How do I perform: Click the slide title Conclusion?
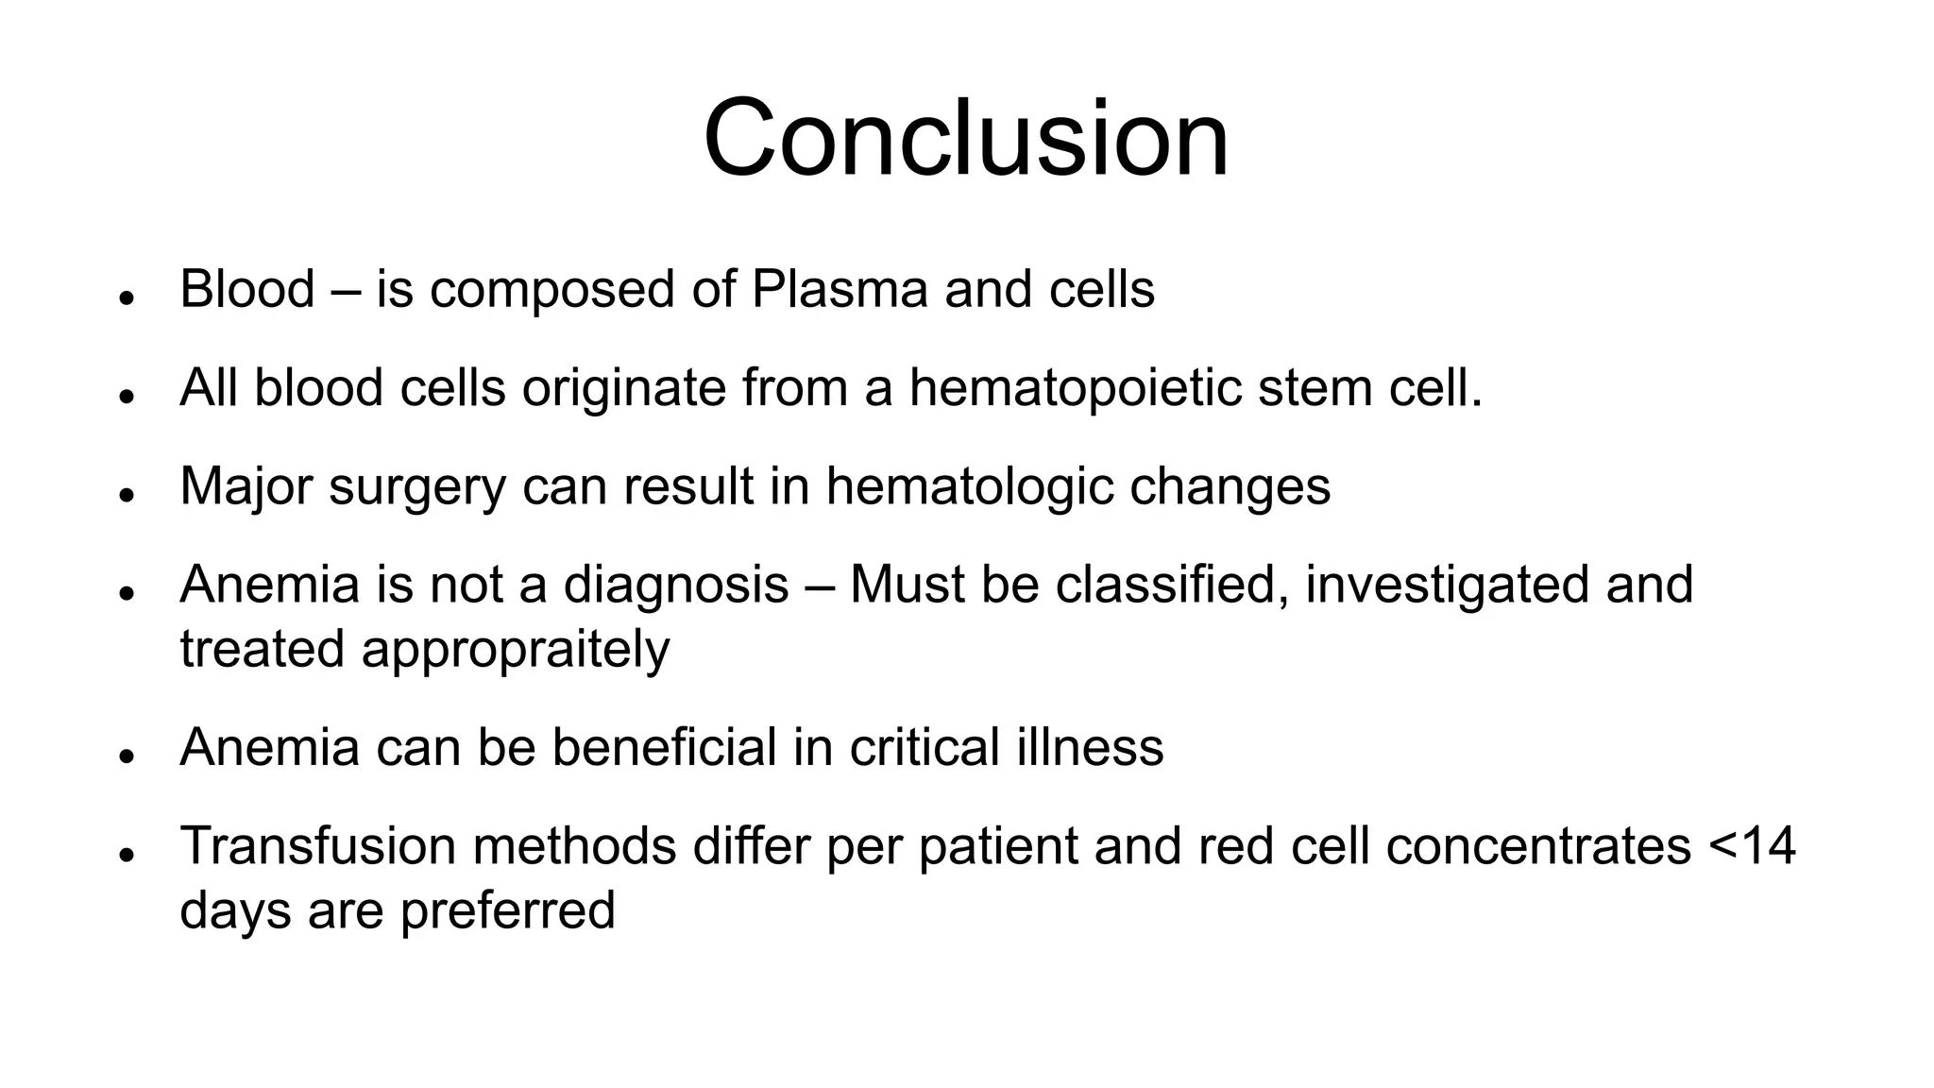coord(966,138)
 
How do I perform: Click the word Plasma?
coord(840,289)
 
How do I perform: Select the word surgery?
coord(417,487)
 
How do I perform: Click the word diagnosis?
coord(675,585)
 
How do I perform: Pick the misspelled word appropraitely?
coord(516,650)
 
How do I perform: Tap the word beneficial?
coord(664,747)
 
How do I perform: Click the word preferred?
coord(507,911)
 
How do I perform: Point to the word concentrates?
coord(1538,845)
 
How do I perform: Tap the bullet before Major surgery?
coord(124,495)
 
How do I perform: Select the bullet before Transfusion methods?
coord(124,854)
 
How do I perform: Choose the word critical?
coord(925,747)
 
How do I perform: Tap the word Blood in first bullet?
coord(246,289)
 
